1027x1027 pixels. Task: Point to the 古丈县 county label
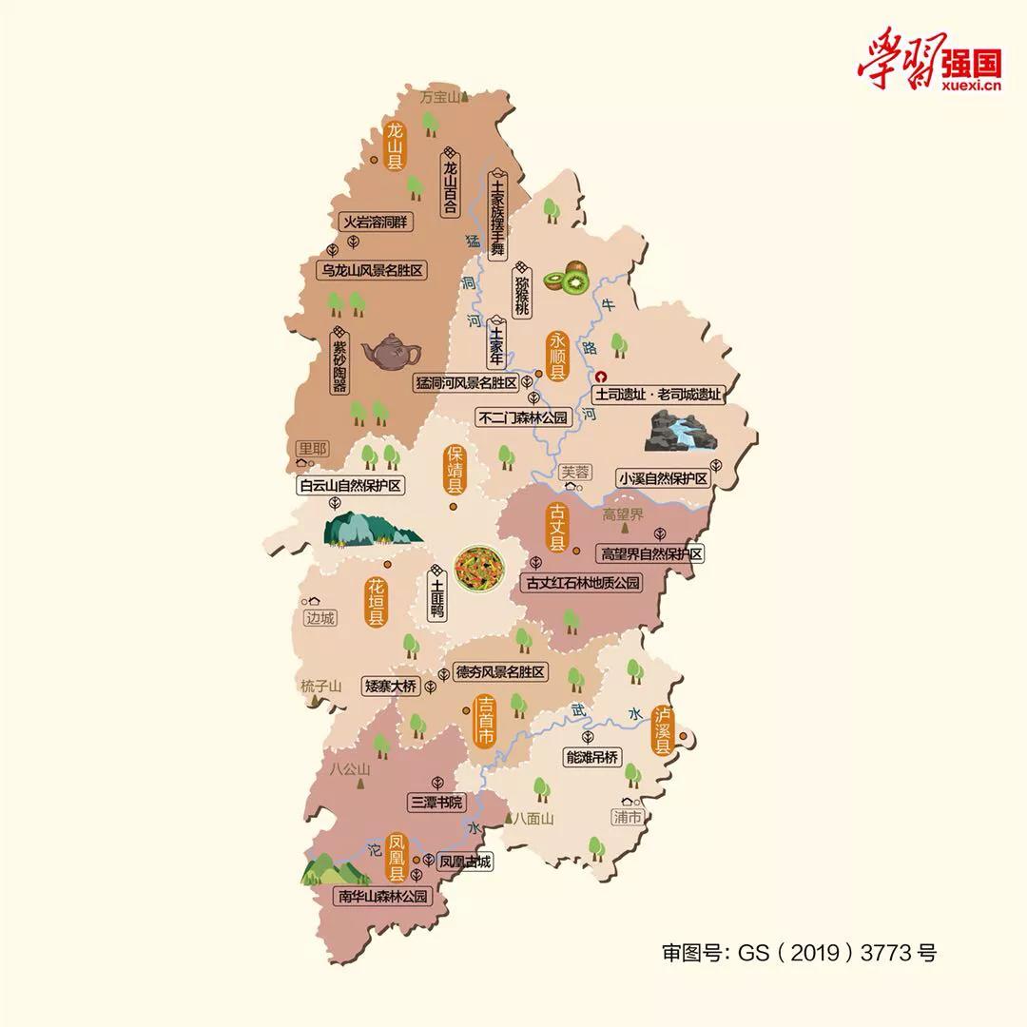(x=556, y=528)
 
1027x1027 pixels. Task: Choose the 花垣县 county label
(x=377, y=601)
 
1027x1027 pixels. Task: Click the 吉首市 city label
(x=485, y=723)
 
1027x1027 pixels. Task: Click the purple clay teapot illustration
(x=391, y=352)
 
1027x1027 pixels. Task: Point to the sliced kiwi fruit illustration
(x=567, y=278)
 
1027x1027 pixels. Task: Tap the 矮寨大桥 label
(x=391, y=686)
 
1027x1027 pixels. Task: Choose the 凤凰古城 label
(x=465, y=862)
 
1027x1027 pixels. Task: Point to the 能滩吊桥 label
(x=591, y=758)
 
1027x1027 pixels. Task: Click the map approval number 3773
(x=886, y=952)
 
